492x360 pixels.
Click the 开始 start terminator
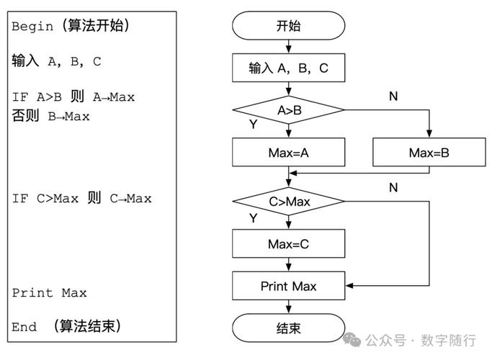point(288,27)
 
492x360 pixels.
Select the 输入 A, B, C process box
point(288,68)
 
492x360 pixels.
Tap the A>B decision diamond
point(288,110)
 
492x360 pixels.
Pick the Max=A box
point(288,153)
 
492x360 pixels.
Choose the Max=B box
point(429,153)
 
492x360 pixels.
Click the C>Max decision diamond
point(288,202)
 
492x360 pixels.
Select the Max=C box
point(288,244)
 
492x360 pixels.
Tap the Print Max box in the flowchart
point(288,286)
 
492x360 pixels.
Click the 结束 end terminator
point(288,328)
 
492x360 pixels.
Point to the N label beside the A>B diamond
point(393,96)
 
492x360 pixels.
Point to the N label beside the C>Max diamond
point(393,187)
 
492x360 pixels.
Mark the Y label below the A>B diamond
point(253,125)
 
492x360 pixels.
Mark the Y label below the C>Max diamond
point(253,217)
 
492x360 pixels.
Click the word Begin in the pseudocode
point(32,27)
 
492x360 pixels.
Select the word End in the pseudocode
point(24,327)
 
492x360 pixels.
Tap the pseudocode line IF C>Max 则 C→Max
point(81,199)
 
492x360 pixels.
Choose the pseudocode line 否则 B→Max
point(50,116)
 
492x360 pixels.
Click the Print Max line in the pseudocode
point(49,293)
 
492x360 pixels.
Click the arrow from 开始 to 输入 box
point(288,48)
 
